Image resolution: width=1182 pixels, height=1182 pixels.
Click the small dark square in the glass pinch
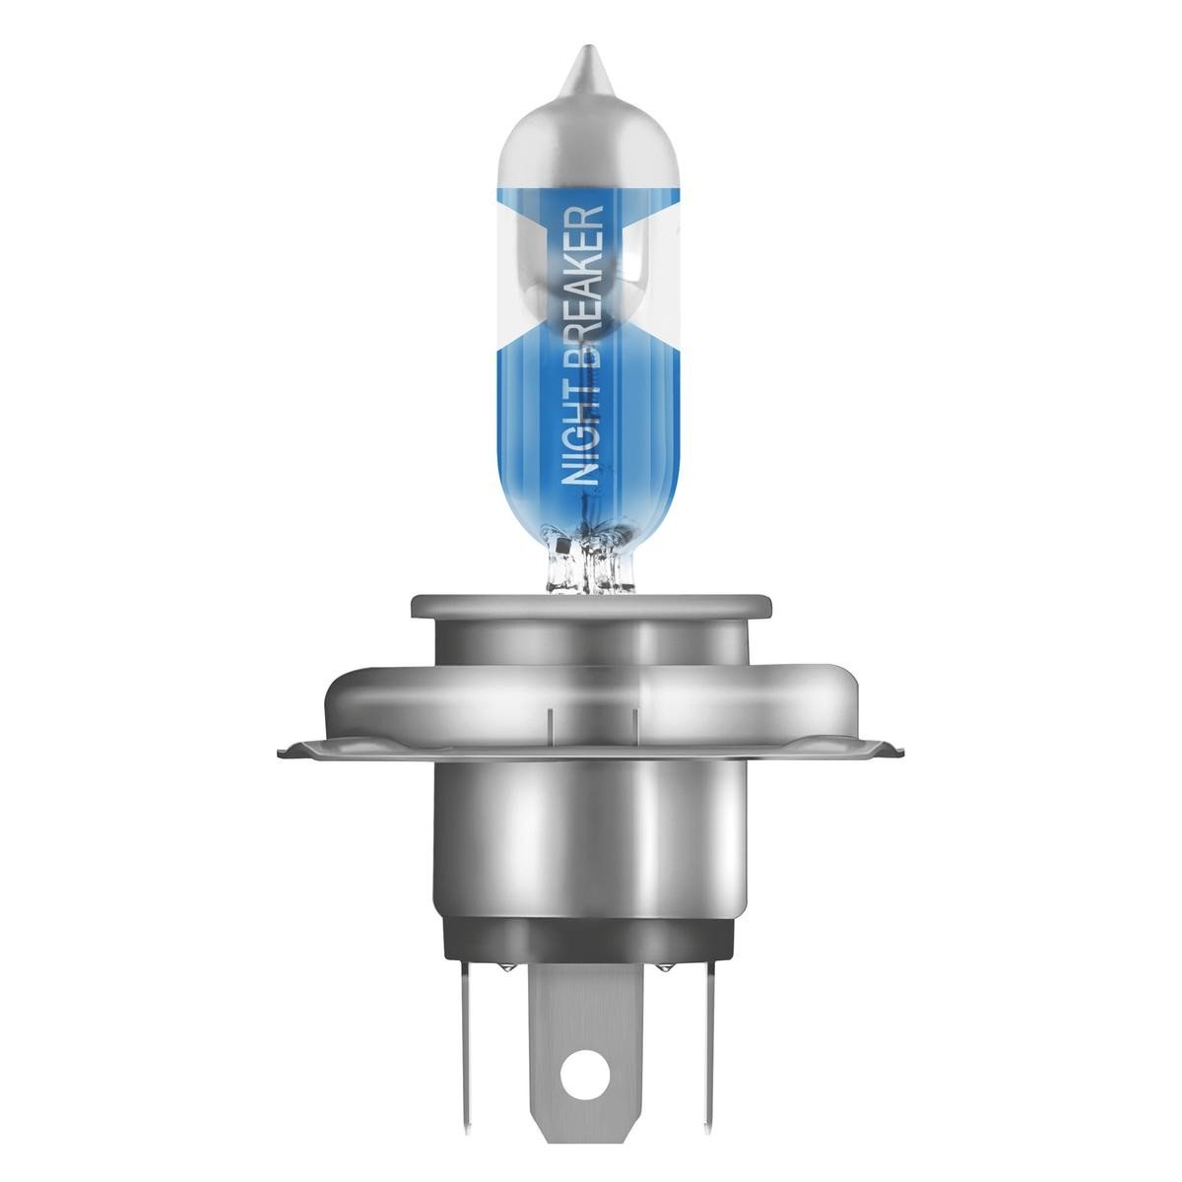[560, 546]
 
